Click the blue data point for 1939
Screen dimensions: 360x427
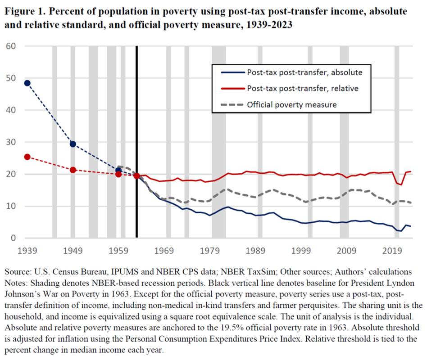[27, 83]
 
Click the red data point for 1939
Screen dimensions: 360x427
[27, 157]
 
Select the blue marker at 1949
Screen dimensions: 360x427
[73, 144]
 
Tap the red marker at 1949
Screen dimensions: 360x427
[73, 170]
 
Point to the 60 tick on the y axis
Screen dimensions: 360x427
[10, 46]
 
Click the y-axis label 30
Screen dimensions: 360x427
[10, 142]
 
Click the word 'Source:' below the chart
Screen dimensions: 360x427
[18, 272]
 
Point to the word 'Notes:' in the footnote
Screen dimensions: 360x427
[17, 282]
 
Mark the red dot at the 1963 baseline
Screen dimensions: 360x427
[136, 175]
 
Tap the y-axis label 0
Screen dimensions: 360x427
[13, 238]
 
